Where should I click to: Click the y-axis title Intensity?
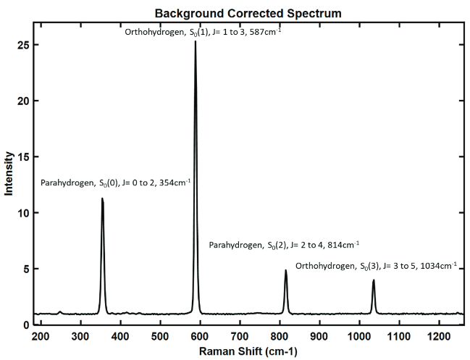click(9, 173)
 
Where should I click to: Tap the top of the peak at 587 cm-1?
click(195, 42)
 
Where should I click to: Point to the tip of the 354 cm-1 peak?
click(102, 198)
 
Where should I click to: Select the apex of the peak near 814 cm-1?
click(286, 270)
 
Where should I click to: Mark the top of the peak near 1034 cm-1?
click(374, 280)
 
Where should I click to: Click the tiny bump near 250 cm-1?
click(60, 312)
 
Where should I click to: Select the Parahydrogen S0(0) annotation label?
click(116, 183)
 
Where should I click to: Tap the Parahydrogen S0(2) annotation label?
click(284, 246)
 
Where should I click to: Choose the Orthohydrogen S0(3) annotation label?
click(376, 266)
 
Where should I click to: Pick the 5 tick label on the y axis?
click(25, 269)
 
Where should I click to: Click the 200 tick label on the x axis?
click(41, 337)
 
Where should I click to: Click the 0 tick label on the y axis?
click(25, 325)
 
